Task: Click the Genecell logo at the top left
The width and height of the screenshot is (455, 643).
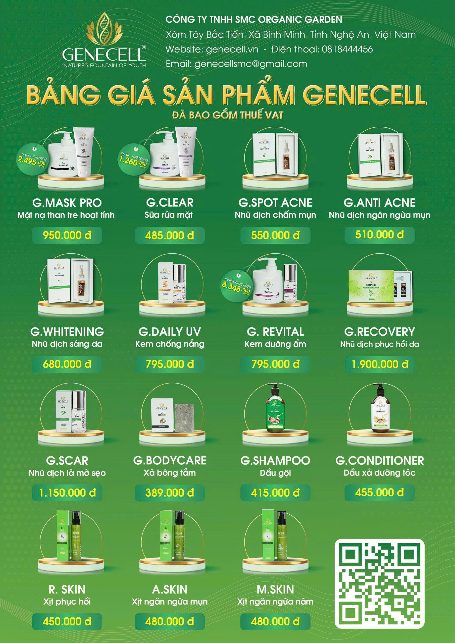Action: [104, 41]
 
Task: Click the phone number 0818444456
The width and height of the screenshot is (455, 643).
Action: [347, 49]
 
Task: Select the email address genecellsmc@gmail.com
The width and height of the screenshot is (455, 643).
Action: [250, 64]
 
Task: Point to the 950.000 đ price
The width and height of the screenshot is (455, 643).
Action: [67, 235]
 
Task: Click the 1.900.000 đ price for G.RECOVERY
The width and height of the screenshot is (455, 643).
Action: [380, 364]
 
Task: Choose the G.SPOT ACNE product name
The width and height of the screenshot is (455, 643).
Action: [275, 202]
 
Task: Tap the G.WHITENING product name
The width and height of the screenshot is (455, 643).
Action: [67, 332]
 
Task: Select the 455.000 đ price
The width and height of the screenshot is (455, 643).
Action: [380, 492]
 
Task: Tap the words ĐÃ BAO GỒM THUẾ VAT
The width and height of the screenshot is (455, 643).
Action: [228, 115]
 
